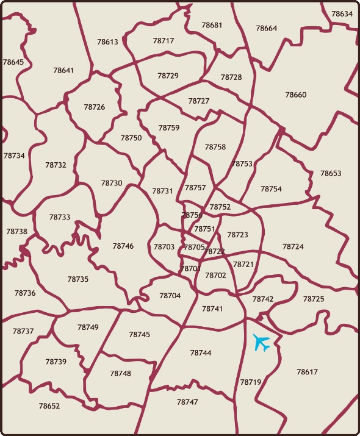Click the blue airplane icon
[x=262, y=343]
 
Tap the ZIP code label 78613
[x=107, y=42]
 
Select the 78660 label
[x=296, y=95]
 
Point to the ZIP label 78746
[x=123, y=246]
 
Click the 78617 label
[x=307, y=372]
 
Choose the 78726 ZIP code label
[x=95, y=107]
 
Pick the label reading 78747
[x=187, y=402]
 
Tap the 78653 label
[x=331, y=173]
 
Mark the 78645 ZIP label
[x=13, y=62]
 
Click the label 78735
[x=78, y=279]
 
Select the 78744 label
[x=200, y=353]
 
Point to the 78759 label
[x=169, y=128]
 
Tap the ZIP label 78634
[x=342, y=14]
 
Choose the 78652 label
[x=49, y=406]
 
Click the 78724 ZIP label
[x=293, y=247]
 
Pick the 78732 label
[x=56, y=165]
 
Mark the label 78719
[x=250, y=382]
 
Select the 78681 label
[x=212, y=26]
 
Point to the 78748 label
[x=120, y=373]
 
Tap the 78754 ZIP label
[x=271, y=189]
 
